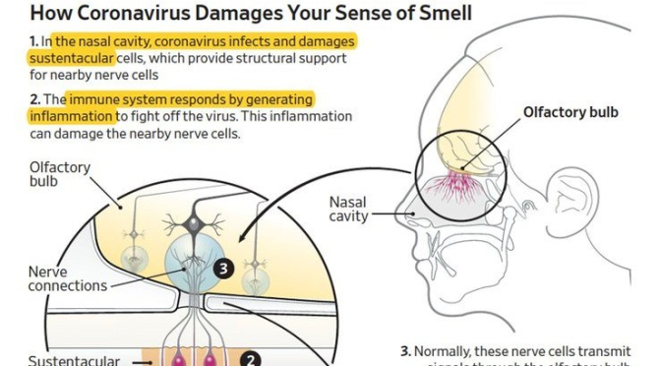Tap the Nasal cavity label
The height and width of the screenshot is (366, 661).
point(353,209)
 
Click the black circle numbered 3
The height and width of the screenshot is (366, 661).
point(222,267)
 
